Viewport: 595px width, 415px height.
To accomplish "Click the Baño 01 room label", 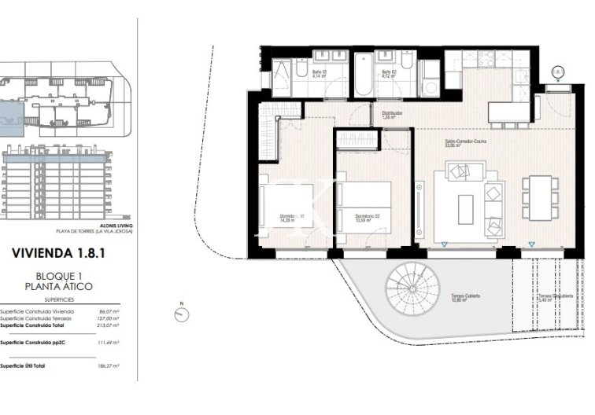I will click(x=319, y=75).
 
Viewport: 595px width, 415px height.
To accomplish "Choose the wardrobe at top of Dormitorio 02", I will click(x=357, y=140).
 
